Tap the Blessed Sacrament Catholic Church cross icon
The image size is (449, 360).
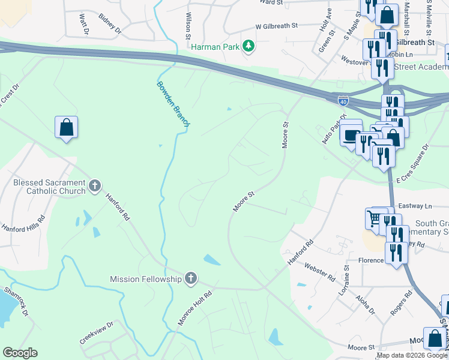(x=94, y=186)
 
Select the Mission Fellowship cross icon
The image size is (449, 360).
(x=190, y=278)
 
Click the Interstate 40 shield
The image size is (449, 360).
(x=343, y=101)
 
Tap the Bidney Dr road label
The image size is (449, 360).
(x=110, y=24)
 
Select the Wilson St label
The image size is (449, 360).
(x=188, y=26)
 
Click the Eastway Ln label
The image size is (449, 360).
(x=420, y=206)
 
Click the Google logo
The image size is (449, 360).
(x=20, y=353)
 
